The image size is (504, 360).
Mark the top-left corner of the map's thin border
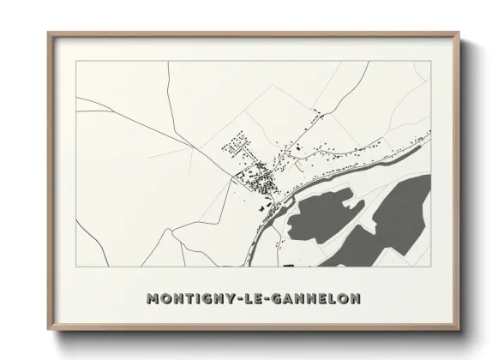pos(75,61)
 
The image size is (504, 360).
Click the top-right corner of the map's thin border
pos(430,61)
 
